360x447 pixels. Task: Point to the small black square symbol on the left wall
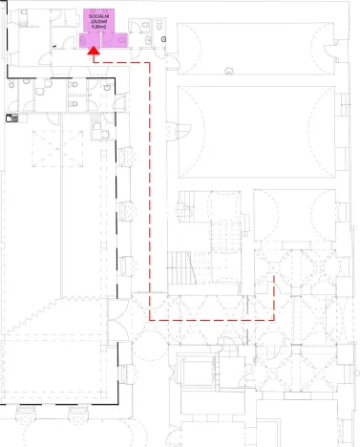[x=11, y=117]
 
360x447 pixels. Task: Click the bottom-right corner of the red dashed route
[x=275, y=317]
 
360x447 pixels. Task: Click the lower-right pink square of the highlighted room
[x=121, y=40]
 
